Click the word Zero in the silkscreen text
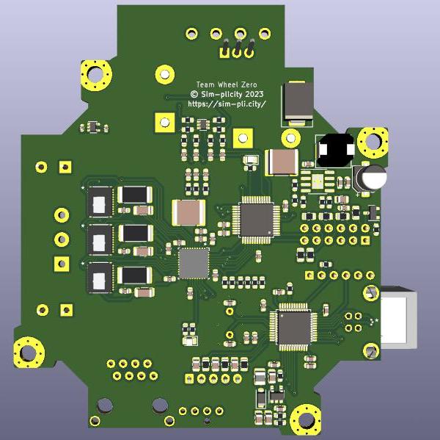click(247, 84)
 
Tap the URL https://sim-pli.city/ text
click(227, 104)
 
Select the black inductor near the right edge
click(335, 151)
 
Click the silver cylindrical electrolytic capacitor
click(371, 177)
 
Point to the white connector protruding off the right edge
click(398, 318)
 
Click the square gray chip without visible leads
click(194, 263)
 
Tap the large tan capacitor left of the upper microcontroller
click(188, 212)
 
